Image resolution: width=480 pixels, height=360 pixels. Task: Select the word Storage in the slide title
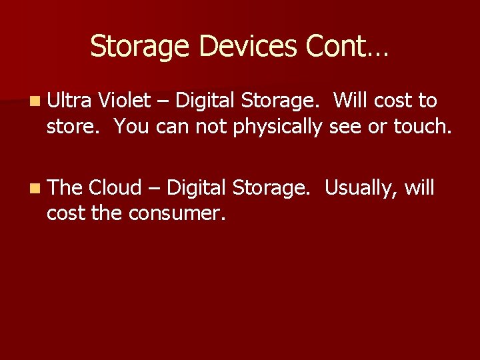coord(140,47)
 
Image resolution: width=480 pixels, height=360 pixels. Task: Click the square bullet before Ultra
coord(35,101)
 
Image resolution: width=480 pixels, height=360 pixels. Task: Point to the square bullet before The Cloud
coord(35,189)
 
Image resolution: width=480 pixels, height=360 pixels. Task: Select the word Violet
coord(124,101)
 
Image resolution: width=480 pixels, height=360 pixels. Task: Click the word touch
coord(422,126)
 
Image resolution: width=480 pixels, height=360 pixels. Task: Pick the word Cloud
coord(115,188)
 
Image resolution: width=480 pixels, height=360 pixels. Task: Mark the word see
coord(348,127)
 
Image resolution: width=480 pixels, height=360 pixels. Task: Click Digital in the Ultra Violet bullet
coord(201,101)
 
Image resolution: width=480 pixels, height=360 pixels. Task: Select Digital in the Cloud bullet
coord(197,189)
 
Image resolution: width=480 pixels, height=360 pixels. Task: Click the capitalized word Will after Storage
coord(351,101)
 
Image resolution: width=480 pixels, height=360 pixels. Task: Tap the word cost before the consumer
coord(64,214)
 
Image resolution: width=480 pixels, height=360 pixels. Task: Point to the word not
coord(213,126)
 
